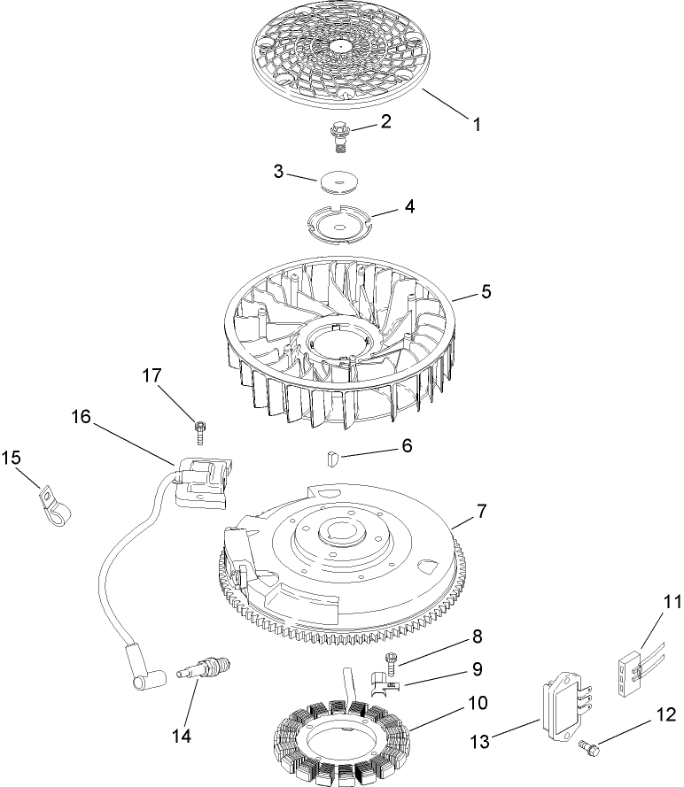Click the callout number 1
tap(476, 125)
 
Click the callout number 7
tap(482, 511)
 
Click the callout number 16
tap(82, 415)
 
